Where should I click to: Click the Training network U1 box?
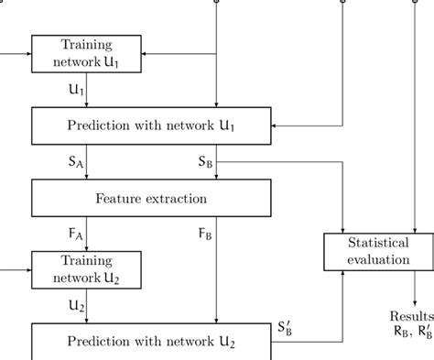click(85, 53)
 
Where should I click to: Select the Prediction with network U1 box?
click(151, 124)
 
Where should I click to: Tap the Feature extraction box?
click(151, 197)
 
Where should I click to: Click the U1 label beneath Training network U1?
click(74, 90)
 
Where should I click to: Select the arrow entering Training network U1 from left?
click(27, 52)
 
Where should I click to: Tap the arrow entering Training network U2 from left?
click(27, 270)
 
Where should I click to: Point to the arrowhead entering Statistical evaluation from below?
click(342, 275)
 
